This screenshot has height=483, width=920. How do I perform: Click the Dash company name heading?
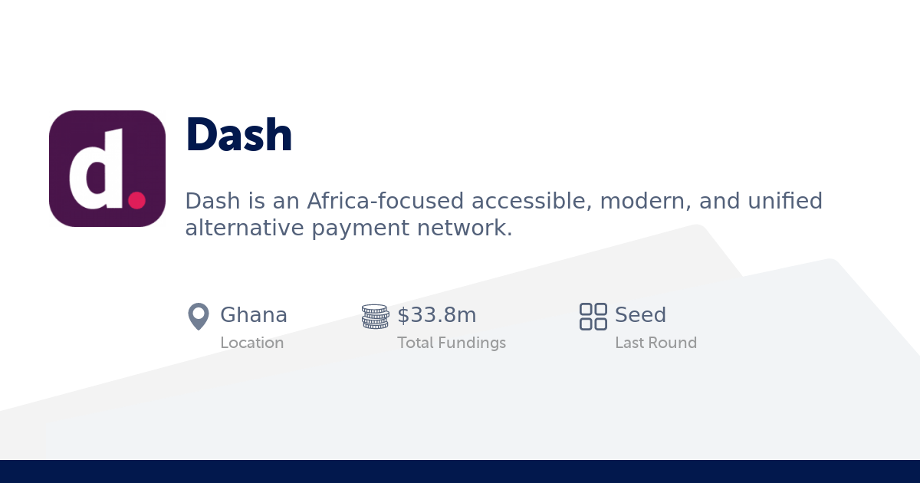tap(239, 135)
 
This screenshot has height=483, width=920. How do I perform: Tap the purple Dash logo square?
tap(107, 169)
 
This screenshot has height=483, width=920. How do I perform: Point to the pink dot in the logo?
tap(136, 200)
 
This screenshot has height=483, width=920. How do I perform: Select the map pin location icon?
tap(199, 316)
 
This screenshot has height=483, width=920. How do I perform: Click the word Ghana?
tap(254, 315)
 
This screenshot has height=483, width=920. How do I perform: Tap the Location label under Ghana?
tap(252, 343)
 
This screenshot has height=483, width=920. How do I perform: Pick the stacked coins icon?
tap(375, 316)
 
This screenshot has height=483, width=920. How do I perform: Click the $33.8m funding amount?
tap(437, 315)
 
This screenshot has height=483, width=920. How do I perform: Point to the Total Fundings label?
tap(452, 343)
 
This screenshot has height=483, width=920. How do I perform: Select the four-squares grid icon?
tap(593, 316)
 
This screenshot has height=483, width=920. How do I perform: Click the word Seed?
tap(640, 315)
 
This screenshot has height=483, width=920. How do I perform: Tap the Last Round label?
tap(655, 343)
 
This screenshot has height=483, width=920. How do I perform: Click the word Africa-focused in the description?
tap(386, 201)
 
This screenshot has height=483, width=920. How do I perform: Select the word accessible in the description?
tap(531, 201)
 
